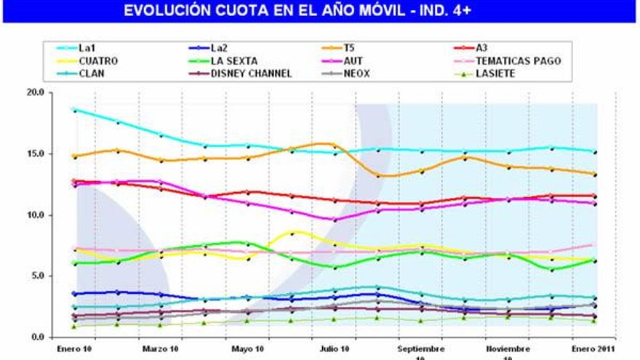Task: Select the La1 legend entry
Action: point(87,48)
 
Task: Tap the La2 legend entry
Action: point(222,48)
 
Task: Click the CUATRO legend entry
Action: point(97,61)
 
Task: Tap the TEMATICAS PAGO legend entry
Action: point(518,61)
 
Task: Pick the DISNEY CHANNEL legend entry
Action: point(251,73)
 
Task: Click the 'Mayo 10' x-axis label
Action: point(247,348)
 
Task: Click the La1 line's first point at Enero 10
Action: point(74,110)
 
